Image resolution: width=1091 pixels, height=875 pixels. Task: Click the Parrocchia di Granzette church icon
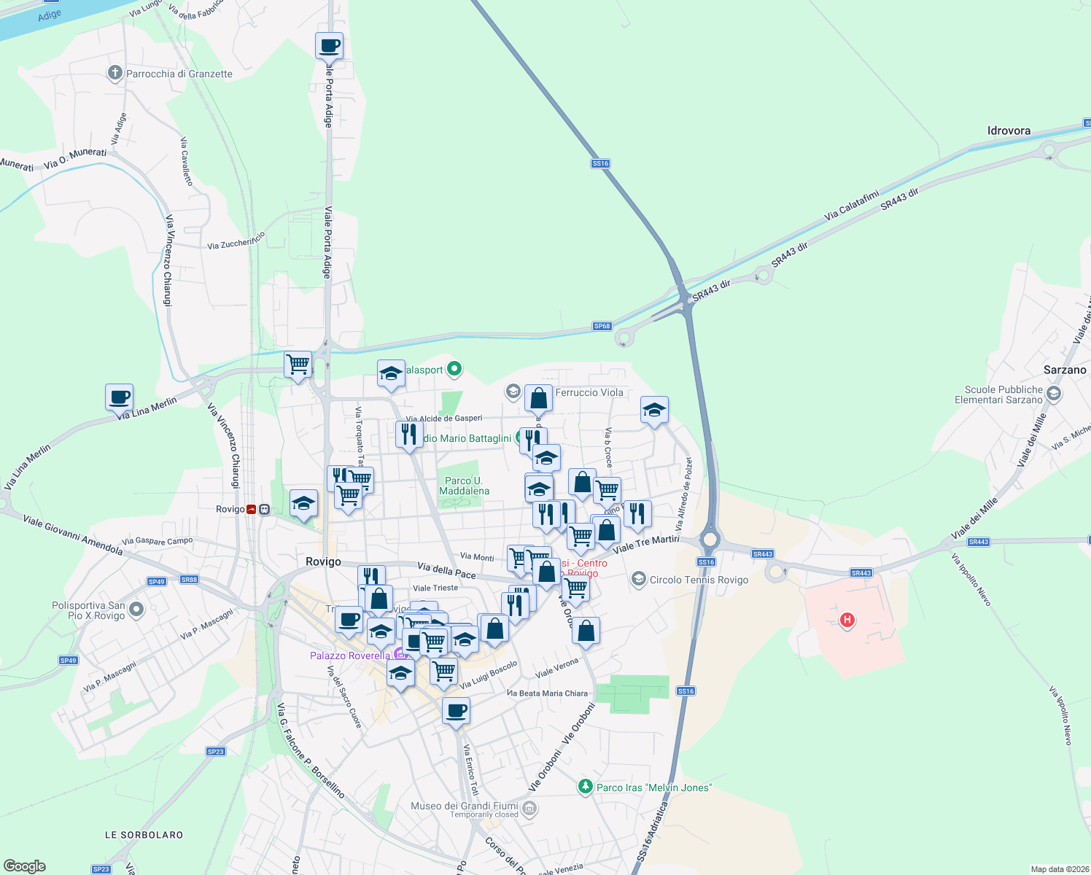114,73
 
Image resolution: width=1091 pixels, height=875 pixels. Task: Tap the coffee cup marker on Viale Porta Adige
329,45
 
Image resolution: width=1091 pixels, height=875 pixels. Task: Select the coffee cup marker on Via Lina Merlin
120,397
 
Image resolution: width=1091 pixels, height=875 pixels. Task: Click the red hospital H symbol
847,620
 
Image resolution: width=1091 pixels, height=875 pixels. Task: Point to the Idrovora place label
1009,131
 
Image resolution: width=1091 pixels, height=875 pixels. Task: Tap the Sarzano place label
1065,370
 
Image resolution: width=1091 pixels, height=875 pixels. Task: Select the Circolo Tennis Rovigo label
699,580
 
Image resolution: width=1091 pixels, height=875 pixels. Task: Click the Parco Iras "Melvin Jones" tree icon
585,787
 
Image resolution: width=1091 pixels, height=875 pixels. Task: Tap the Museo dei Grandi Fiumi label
465,806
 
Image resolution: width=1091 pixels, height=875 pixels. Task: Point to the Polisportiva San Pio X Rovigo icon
136,609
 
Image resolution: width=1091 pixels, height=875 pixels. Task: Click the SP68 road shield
602,326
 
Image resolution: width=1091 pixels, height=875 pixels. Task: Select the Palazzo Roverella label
350,656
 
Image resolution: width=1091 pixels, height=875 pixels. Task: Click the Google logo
25,866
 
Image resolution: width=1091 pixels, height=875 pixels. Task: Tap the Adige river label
50,15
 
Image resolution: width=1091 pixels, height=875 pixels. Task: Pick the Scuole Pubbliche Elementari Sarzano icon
1053,394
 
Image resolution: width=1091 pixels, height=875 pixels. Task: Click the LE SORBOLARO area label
144,835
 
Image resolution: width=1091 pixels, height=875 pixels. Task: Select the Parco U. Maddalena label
464,486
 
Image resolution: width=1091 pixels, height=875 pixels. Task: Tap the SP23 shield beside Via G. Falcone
215,751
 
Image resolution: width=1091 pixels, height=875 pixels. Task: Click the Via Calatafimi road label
851,206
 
